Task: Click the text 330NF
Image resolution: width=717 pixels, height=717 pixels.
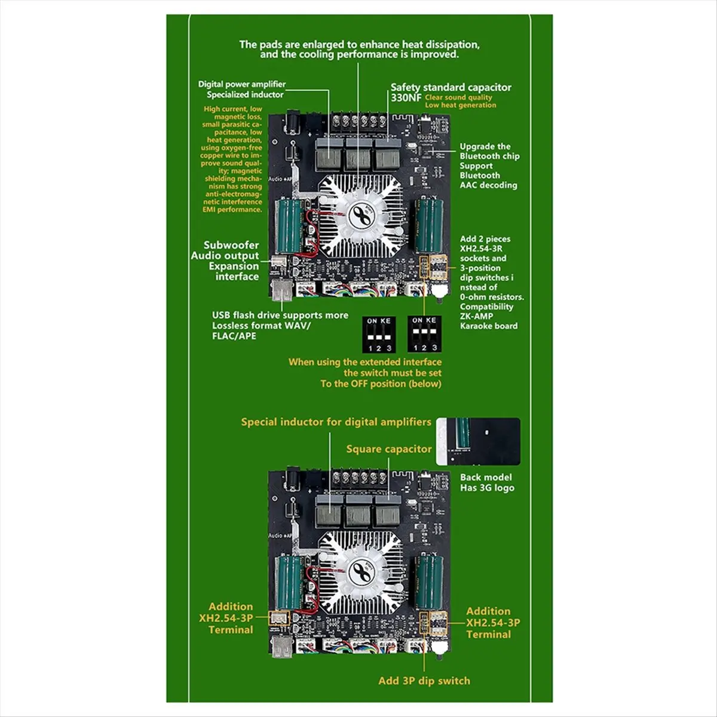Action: tap(406, 97)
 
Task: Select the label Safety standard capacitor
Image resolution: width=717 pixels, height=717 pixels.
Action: tap(451, 87)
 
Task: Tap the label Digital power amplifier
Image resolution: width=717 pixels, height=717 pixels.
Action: tap(242, 84)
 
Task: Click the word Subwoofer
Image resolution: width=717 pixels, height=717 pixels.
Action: tap(231, 245)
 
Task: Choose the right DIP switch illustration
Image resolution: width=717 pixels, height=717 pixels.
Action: tap(424, 334)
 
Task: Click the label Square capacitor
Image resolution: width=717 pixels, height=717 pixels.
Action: tap(388, 449)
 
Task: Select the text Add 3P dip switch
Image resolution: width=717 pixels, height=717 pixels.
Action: tap(424, 681)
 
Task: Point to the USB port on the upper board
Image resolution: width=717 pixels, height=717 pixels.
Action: tap(281, 293)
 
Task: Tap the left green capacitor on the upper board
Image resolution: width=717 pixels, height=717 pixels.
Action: tap(286, 227)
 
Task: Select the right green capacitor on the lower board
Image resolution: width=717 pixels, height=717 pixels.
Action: tap(430, 581)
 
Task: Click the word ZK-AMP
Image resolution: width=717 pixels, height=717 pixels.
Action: tap(476, 316)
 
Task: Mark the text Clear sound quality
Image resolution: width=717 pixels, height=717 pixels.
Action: tap(458, 97)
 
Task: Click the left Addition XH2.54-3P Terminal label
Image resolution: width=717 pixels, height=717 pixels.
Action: tap(231, 618)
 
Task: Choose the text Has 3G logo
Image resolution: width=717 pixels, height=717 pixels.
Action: tap(487, 488)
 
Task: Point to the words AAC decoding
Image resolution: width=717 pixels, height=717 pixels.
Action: tap(488, 185)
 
